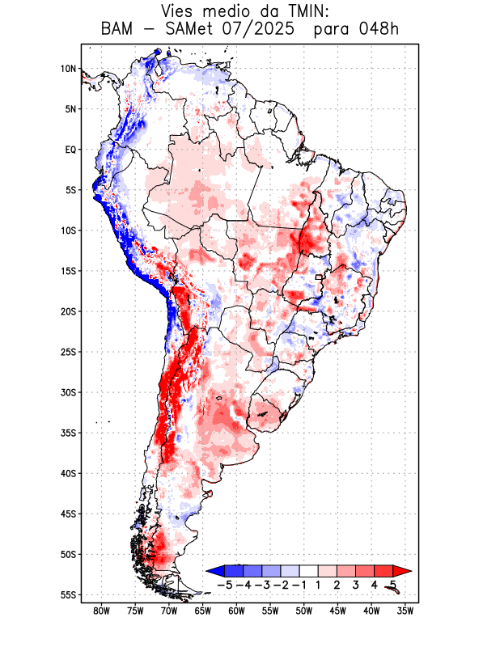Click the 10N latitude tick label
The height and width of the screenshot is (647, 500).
pyautogui.click(x=68, y=69)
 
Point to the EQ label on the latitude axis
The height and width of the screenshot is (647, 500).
pyautogui.click(x=70, y=150)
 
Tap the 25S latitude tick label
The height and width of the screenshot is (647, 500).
pyautogui.click(x=68, y=352)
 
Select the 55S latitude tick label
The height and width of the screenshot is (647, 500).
pyautogui.click(x=68, y=595)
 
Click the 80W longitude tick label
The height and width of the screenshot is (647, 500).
pyautogui.click(x=102, y=611)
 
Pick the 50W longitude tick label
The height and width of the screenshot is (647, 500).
pyautogui.click(x=304, y=611)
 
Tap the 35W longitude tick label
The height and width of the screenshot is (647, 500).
pyautogui.click(x=405, y=611)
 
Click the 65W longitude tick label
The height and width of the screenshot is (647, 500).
pyautogui.click(x=203, y=611)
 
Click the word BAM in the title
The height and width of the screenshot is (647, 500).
pyautogui.click(x=119, y=30)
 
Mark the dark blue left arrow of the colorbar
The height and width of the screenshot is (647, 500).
pyautogui.click(x=215, y=571)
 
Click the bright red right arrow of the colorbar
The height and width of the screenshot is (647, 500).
pyautogui.click(x=402, y=571)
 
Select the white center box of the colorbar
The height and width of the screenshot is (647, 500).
pyautogui.click(x=309, y=571)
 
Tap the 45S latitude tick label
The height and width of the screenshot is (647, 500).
pyautogui.click(x=68, y=514)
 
